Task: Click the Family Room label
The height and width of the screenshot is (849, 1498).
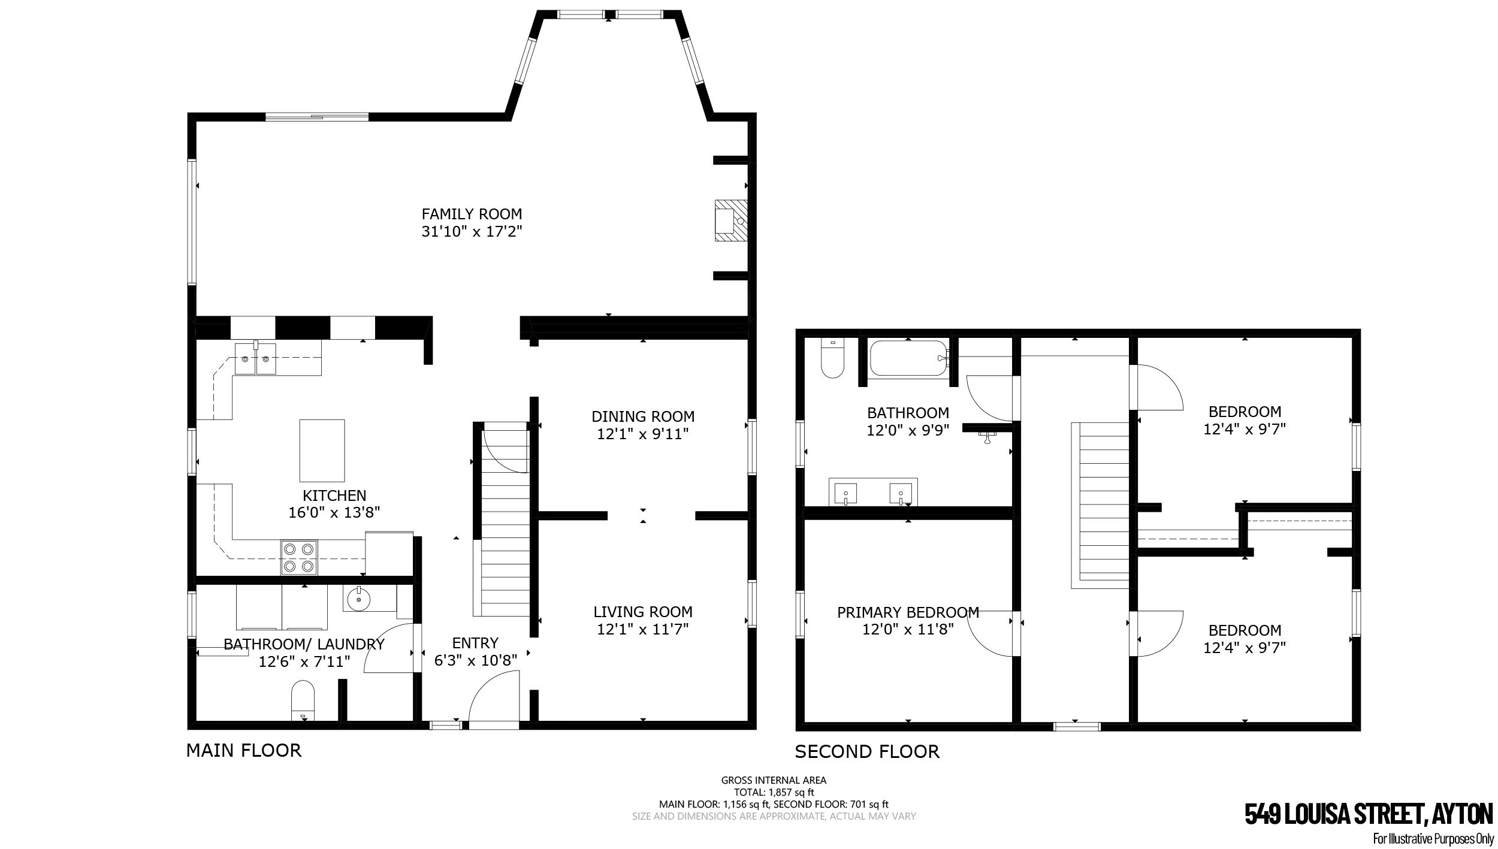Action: [x=472, y=214]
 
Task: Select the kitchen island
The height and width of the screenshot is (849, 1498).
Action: [x=322, y=451]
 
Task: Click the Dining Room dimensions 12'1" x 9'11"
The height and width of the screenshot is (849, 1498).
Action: [x=643, y=434]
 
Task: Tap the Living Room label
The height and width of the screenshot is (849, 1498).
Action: [x=643, y=612]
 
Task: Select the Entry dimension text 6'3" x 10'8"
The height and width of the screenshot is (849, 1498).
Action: [x=475, y=660]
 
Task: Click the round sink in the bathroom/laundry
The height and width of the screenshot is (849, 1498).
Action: [x=358, y=598]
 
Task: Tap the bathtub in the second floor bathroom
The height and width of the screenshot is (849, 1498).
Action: [x=908, y=358]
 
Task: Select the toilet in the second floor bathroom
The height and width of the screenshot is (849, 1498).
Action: [x=832, y=358]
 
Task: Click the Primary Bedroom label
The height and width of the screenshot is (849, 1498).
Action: [x=908, y=612]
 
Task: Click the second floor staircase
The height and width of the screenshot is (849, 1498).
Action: [x=1101, y=505]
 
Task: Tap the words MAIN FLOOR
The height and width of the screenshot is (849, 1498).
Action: [x=244, y=750]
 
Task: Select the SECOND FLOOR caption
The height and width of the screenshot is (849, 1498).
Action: [x=867, y=751]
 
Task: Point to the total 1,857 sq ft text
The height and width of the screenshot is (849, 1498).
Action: [x=774, y=792]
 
